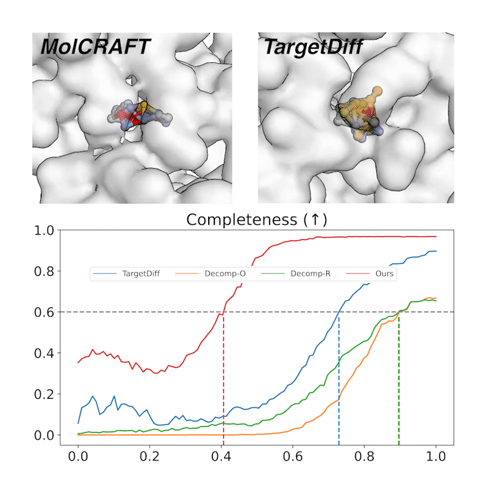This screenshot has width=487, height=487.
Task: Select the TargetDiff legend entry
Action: (124, 274)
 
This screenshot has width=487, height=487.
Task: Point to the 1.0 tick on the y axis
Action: (46, 231)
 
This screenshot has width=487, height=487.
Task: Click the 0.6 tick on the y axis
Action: (46, 312)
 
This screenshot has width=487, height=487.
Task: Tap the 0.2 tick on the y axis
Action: (46, 394)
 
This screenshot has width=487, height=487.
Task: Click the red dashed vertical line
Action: (223, 377)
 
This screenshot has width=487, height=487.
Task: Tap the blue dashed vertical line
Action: (338, 377)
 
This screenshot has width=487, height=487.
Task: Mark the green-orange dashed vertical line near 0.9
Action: (399, 377)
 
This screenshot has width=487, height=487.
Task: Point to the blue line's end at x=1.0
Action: (435, 251)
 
